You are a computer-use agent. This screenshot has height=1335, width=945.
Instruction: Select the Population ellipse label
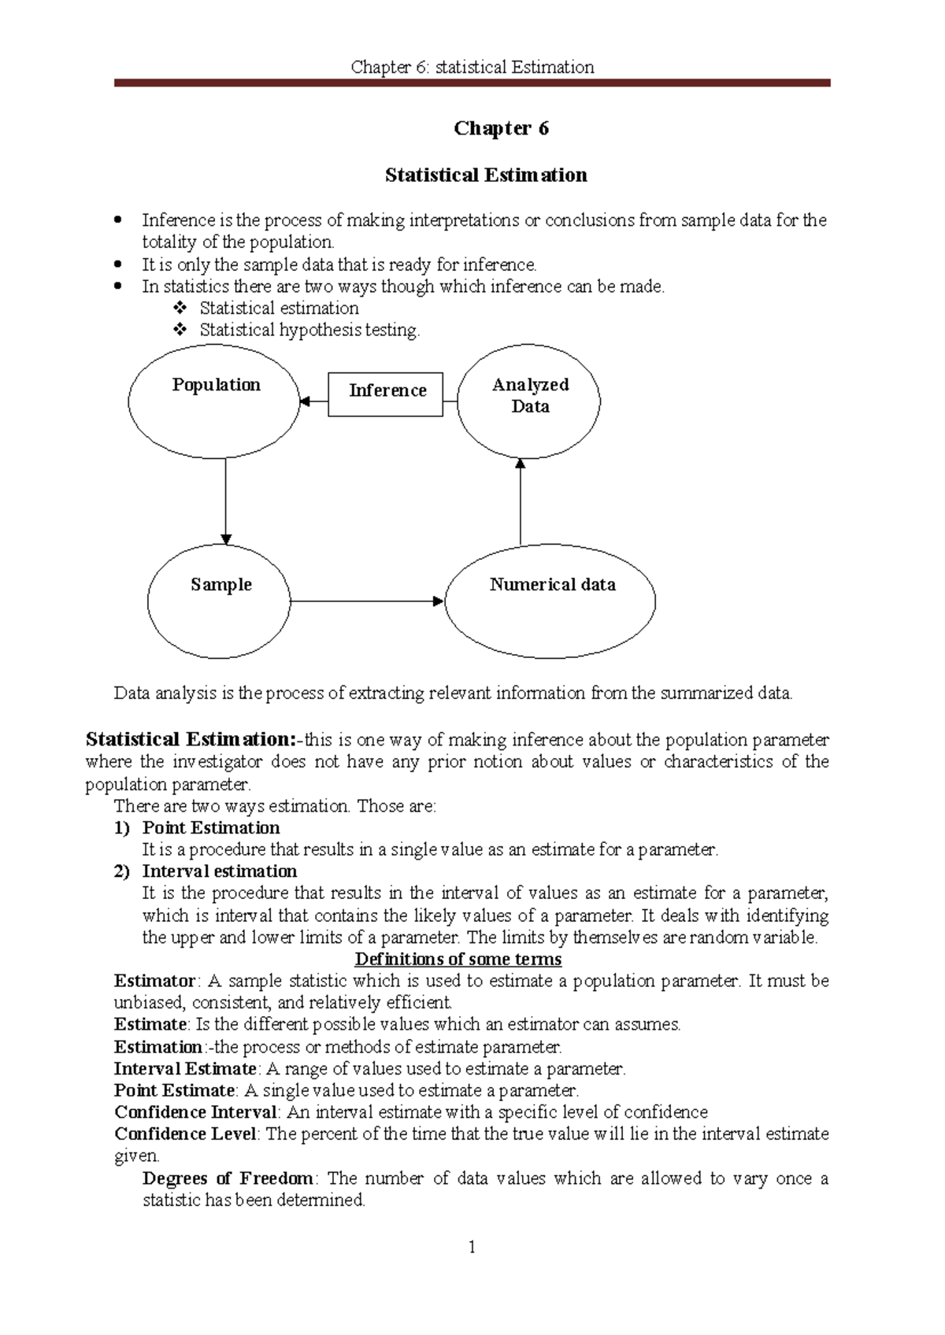(216, 385)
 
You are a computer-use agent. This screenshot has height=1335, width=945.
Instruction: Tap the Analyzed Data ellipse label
(530, 395)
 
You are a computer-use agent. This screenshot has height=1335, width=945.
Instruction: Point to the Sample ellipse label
(220, 585)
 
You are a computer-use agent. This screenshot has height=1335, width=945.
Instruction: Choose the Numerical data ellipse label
(552, 585)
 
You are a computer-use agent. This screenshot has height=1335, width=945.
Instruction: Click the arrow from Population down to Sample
(226, 500)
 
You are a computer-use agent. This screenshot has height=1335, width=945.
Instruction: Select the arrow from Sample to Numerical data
(366, 601)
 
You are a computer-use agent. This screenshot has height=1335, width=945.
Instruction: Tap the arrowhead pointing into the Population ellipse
(305, 401)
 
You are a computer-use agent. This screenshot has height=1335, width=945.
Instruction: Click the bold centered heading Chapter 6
(501, 128)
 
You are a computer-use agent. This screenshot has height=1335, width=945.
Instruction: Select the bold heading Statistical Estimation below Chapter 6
(486, 176)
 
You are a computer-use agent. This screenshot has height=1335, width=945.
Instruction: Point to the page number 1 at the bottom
(472, 1247)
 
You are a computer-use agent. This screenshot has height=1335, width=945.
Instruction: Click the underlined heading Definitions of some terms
(458, 959)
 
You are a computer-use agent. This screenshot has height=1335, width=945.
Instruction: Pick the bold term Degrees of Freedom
(228, 1178)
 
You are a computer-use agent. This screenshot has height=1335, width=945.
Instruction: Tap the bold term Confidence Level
(185, 1134)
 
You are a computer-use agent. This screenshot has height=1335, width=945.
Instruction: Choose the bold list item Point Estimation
(210, 828)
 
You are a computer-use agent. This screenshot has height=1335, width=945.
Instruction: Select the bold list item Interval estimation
(219, 871)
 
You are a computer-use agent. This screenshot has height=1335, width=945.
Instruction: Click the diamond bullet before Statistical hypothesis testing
(180, 330)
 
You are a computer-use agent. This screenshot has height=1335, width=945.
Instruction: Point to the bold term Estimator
(154, 981)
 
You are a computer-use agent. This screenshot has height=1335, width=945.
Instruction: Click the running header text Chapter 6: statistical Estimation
(472, 67)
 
